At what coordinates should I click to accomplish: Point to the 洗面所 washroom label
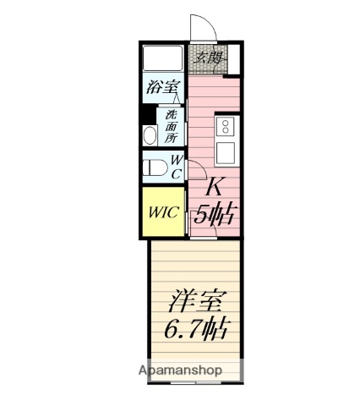pyautogui.click(x=172, y=125)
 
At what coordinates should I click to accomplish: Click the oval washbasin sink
pyautogui.click(x=150, y=135)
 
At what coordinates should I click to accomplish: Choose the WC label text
pyautogui.click(x=177, y=167)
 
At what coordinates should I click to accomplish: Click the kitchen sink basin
pyautogui.click(x=226, y=153)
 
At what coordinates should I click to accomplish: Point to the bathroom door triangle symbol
pyautogui.click(x=178, y=99)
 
